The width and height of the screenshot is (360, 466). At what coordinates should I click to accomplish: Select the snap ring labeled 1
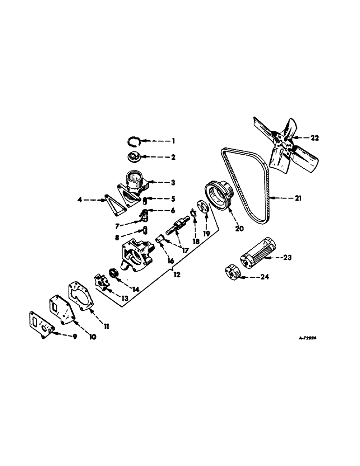click(135, 141)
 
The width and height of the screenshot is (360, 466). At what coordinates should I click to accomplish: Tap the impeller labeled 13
click(101, 281)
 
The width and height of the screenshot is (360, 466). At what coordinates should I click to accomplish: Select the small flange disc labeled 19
click(203, 206)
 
